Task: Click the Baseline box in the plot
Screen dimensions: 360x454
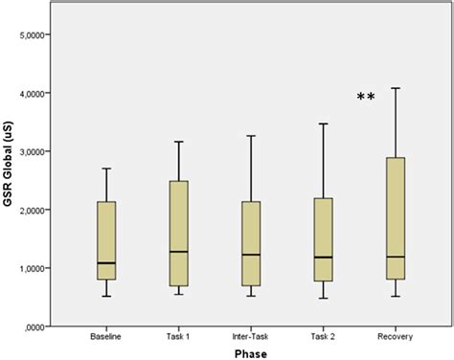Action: [x=107, y=240]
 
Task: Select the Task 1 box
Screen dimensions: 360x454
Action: [x=178, y=233]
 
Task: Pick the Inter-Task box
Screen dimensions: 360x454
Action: [x=250, y=243]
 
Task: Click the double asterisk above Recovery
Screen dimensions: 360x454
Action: [x=365, y=98]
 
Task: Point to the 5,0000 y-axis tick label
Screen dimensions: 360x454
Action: [x=36, y=35]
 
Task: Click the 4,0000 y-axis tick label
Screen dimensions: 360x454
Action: [x=36, y=94]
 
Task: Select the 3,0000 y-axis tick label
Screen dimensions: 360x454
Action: [x=36, y=152]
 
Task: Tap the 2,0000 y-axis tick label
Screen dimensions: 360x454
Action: [x=36, y=211]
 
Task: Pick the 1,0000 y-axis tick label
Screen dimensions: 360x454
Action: [x=36, y=269]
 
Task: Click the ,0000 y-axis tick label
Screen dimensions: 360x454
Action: [x=38, y=326]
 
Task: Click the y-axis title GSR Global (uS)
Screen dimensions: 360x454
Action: [x=9, y=180]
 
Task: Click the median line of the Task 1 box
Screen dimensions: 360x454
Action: [x=178, y=252]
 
